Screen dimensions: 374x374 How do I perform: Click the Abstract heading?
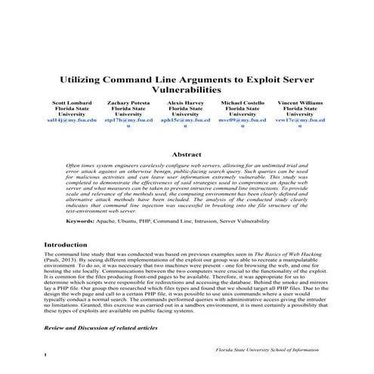point(187,154)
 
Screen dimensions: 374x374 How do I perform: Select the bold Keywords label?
point(79,221)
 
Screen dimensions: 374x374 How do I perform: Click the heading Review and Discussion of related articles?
point(100,329)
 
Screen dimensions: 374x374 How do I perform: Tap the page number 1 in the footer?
point(46,355)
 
